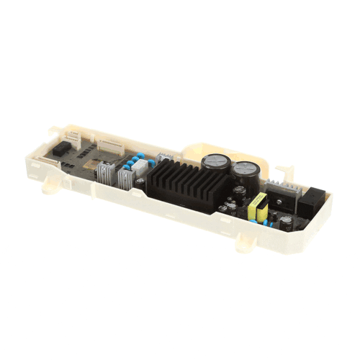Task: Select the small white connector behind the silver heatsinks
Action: pyautogui.click(x=163, y=157)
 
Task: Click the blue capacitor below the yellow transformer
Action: pyautogui.click(x=266, y=225)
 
